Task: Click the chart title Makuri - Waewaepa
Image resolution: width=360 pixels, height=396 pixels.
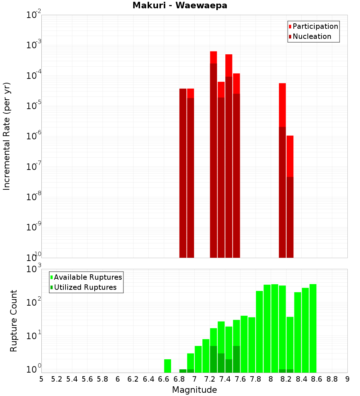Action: [180, 6]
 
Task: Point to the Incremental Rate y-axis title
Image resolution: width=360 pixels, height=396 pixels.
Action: [7, 136]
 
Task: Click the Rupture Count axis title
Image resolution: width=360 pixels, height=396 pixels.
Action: [14, 321]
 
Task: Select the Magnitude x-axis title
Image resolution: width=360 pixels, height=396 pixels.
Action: [194, 390]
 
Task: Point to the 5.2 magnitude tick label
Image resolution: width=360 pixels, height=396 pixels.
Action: [57, 379]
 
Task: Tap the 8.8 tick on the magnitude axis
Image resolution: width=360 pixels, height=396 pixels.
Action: [332, 379]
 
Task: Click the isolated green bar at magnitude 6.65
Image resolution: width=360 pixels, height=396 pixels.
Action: [167, 366]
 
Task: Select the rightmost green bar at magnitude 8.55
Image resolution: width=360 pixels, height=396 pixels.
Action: [313, 328]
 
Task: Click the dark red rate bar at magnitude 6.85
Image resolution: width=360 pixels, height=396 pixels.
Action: [183, 173]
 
